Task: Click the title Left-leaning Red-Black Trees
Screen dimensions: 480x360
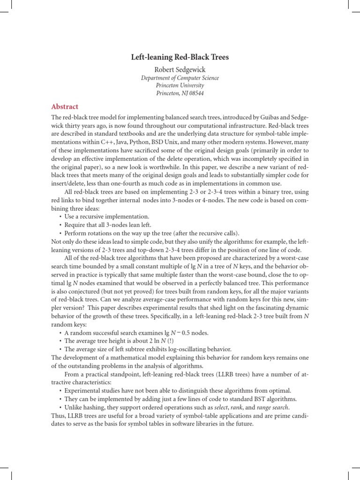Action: pyautogui.click(x=180, y=57)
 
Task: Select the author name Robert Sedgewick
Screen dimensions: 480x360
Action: pyautogui.click(x=180, y=69)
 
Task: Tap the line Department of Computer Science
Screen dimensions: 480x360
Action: pyautogui.click(x=180, y=78)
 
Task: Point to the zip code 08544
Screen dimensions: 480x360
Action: pyautogui.click(x=196, y=93)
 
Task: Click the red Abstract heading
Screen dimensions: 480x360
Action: pyautogui.click(x=65, y=107)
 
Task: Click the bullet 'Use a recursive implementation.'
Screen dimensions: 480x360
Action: pyautogui.click(x=106, y=217)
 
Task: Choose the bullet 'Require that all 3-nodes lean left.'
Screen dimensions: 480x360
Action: pyautogui.click(x=111, y=225)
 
